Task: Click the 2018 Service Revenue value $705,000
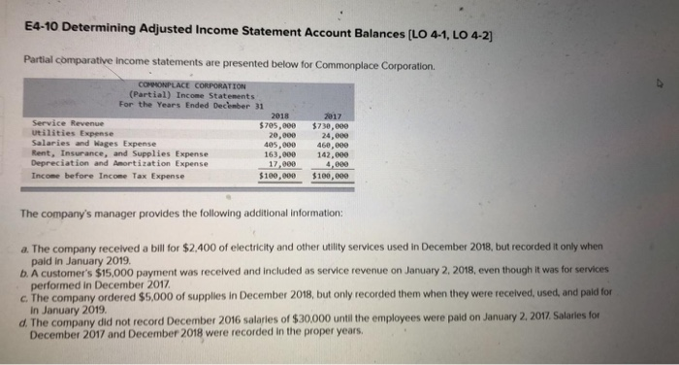click(x=277, y=124)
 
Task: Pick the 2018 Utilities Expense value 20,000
click(x=281, y=134)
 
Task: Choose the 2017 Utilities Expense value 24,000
click(x=334, y=134)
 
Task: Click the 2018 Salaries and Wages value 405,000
click(x=279, y=144)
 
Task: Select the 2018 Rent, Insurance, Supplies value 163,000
click(x=279, y=153)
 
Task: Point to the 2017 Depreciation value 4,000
click(x=337, y=163)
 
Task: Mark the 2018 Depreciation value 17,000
click(x=281, y=163)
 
